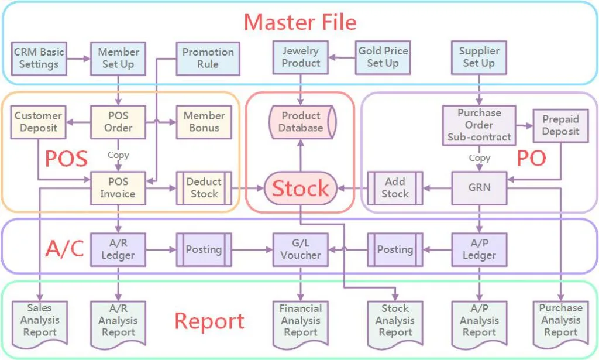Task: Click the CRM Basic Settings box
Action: point(39,57)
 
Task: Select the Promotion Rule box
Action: point(208,57)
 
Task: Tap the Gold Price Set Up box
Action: point(383,57)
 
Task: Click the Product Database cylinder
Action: point(301,122)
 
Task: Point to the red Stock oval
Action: point(301,188)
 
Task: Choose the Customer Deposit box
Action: point(38,122)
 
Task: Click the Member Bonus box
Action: point(204,122)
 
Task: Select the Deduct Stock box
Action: point(204,188)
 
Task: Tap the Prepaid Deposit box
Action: point(560,125)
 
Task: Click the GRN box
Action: point(479,188)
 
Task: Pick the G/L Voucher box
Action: point(301,249)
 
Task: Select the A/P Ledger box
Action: point(479,249)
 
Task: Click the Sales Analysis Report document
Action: point(39,321)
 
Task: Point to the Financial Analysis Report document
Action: point(301,321)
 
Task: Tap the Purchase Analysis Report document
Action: point(560,321)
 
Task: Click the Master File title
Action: point(299,22)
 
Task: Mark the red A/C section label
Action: point(65,249)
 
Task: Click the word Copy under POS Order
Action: point(118,156)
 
